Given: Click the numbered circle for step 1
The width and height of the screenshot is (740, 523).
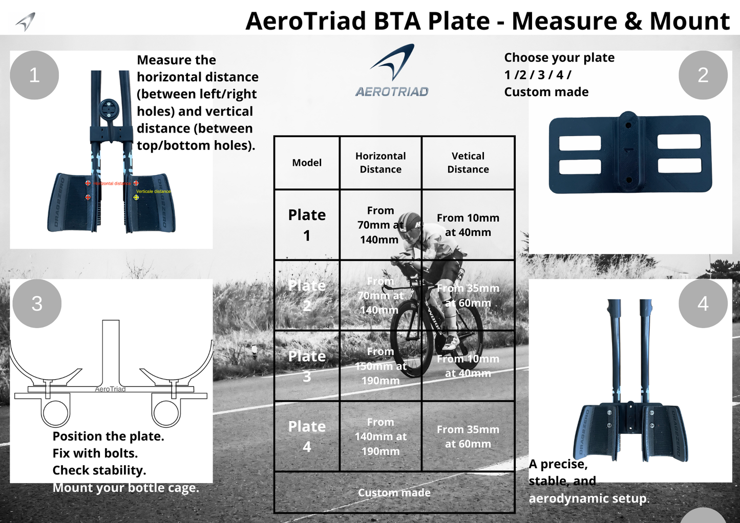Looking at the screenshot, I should click(34, 75).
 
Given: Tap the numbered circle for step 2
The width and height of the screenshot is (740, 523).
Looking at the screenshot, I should click(703, 75).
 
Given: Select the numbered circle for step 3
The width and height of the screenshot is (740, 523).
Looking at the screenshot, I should click(37, 303).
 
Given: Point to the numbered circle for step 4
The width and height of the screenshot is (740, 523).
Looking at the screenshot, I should click(703, 303).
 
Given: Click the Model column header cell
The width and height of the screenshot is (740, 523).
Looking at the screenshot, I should click(307, 163).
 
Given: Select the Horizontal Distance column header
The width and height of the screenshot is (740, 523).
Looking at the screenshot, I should click(380, 163).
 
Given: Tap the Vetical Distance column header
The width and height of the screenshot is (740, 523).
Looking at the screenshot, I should click(468, 163).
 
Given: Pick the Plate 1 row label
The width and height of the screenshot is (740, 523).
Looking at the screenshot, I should click(307, 225).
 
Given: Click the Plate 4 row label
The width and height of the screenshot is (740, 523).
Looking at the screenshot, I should click(307, 437).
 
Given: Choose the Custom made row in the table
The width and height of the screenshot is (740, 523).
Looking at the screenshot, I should click(394, 492).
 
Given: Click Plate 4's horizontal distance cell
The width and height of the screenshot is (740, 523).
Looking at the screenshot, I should click(380, 437).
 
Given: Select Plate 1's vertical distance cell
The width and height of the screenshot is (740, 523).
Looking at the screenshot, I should click(468, 225).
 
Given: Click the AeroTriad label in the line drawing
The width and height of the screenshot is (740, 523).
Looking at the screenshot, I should click(110, 389).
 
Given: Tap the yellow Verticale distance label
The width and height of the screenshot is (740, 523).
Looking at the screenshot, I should click(153, 191).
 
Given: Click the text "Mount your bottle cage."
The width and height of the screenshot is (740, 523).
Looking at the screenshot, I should click(125, 488).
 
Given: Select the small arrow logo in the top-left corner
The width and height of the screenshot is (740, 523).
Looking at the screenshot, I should click(26, 21).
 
